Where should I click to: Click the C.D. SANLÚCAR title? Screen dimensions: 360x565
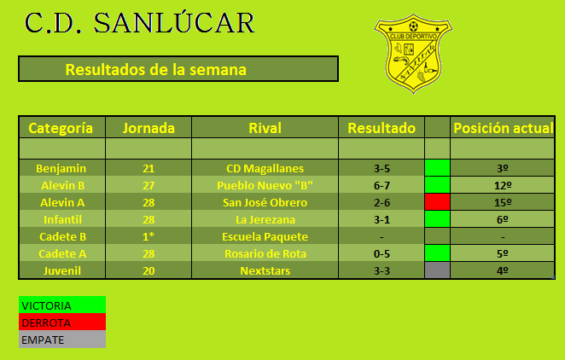(x=140, y=23)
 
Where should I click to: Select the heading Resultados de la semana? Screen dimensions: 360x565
(x=156, y=69)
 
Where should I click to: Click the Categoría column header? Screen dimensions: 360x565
(x=61, y=128)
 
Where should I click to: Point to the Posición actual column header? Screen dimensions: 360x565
(x=504, y=128)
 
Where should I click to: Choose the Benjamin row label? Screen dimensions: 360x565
(x=61, y=168)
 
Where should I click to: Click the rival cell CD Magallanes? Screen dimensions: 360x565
(x=265, y=168)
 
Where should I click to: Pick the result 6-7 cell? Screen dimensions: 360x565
(x=382, y=185)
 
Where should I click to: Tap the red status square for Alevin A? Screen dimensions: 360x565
(x=437, y=202)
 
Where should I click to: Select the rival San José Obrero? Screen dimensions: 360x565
(x=265, y=202)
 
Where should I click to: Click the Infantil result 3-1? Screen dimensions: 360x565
(x=382, y=219)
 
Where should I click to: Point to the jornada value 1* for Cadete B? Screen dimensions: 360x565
(x=149, y=236)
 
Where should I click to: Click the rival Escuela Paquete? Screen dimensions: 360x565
(x=265, y=236)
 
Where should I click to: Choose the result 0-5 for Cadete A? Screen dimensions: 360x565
(x=382, y=253)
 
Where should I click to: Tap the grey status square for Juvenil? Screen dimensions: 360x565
(x=437, y=270)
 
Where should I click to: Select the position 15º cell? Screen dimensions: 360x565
(x=504, y=202)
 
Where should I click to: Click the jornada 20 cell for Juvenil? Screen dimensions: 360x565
(x=149, y=270)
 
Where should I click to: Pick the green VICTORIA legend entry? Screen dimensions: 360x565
(x=61, y=305)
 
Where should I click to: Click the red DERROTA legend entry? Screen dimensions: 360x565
(x=61, y=322)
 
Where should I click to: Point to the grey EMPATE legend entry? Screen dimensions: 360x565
(x=61, y=340)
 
